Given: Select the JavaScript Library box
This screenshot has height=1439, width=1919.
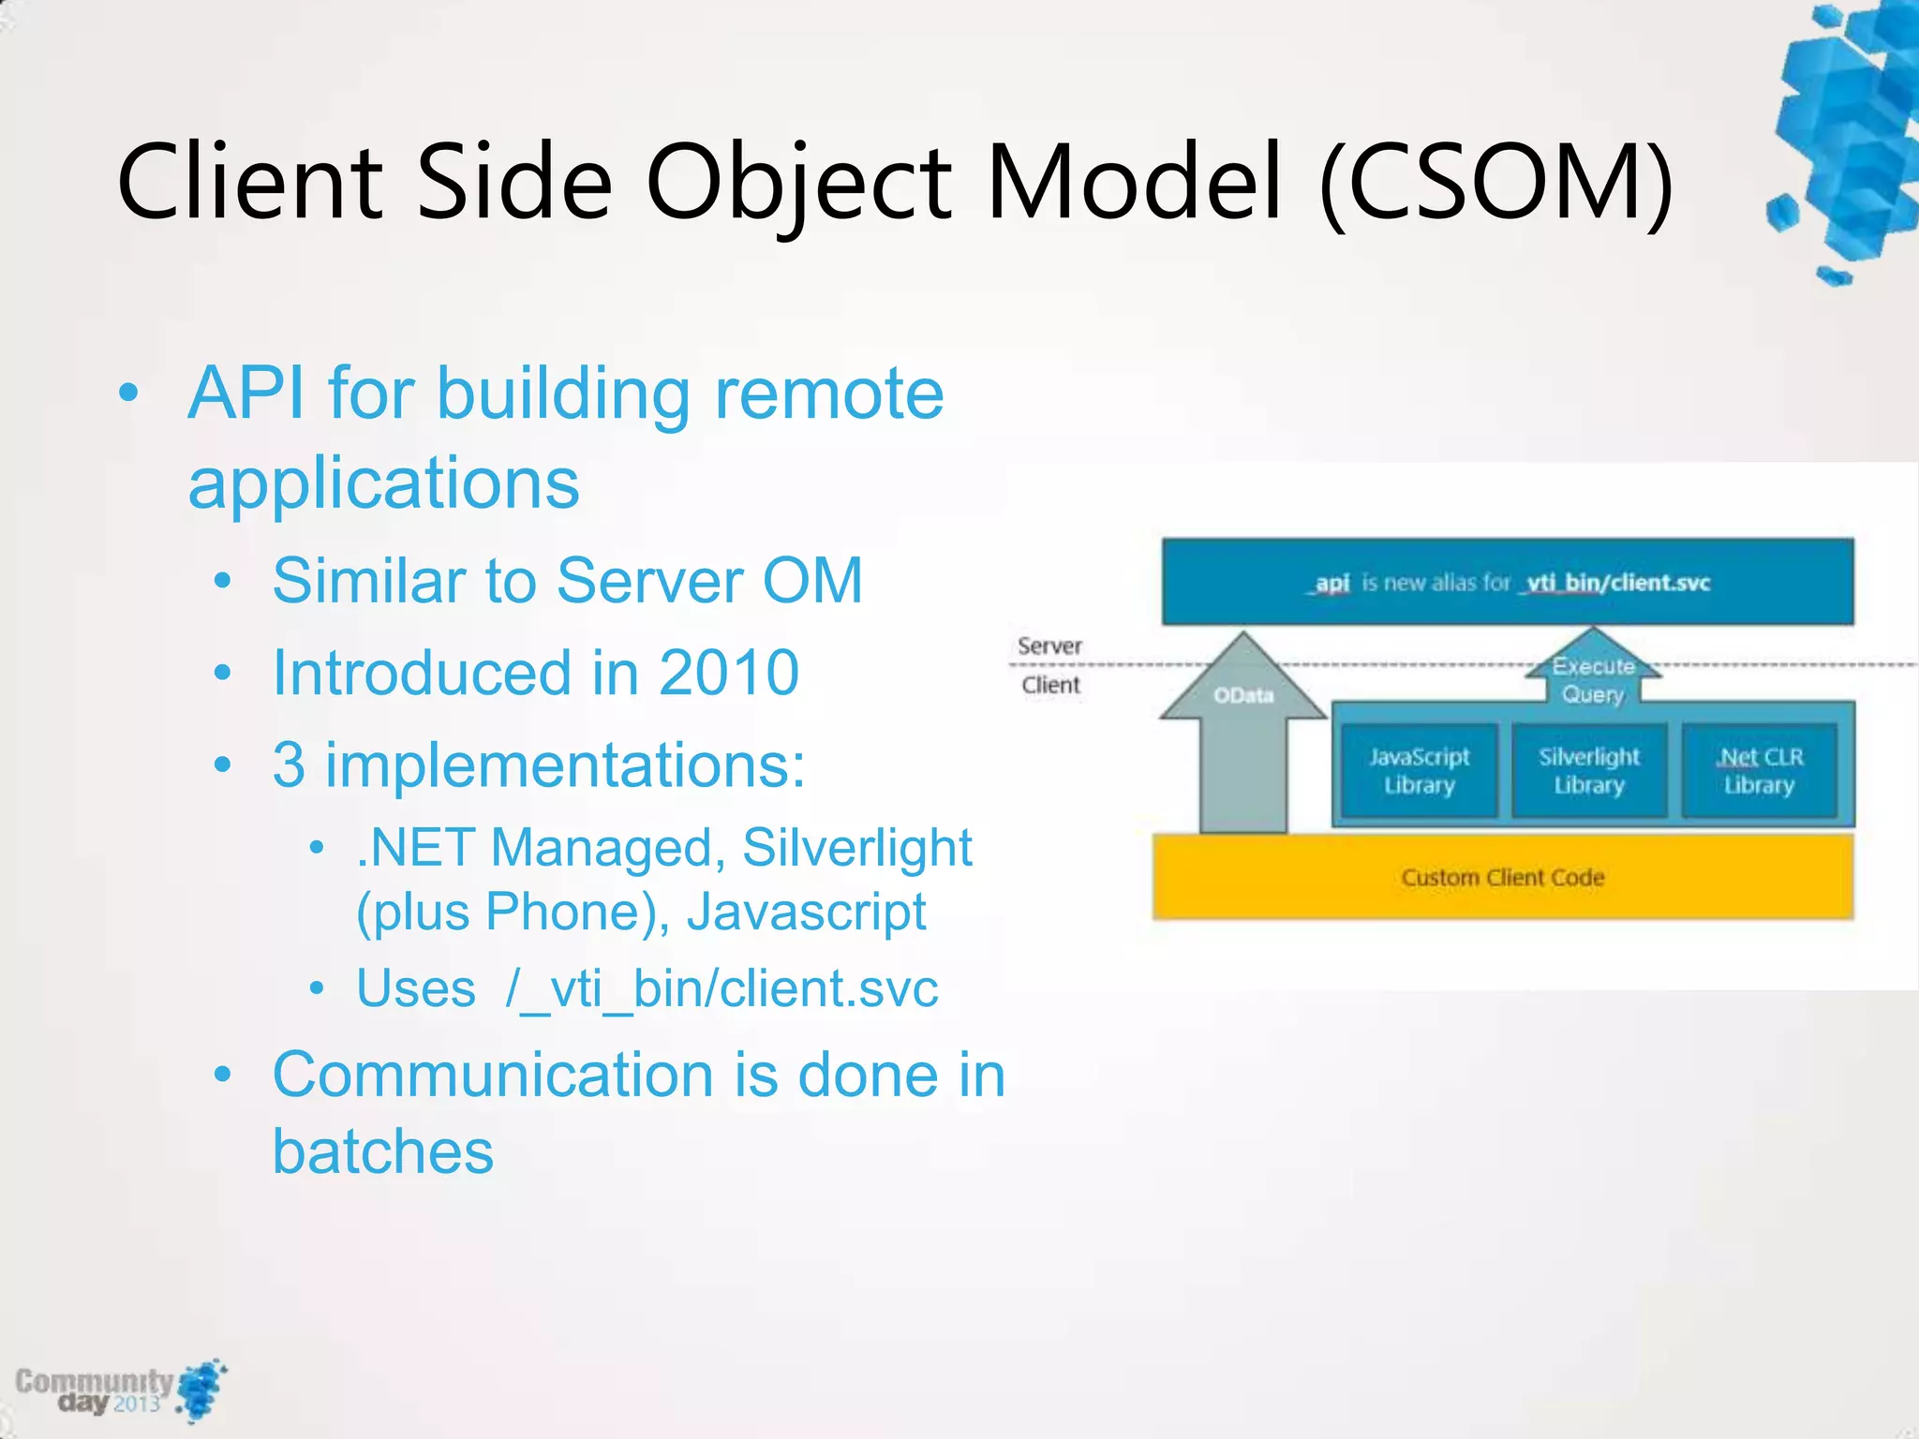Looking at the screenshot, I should [1419, 770].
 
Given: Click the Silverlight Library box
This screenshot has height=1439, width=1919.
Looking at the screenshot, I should [1588, 770].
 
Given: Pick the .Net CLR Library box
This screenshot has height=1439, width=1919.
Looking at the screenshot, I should [1759, 770].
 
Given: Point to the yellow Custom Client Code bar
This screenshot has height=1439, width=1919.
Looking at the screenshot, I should [1502, 877].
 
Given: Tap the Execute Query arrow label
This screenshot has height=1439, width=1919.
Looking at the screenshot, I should [1593, 680].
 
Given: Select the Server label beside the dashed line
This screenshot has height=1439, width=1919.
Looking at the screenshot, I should [1049, 645].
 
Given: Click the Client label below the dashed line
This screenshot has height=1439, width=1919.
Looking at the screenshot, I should [1050, 685].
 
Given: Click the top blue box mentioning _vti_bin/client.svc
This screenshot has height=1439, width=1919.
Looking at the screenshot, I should [1507, 582].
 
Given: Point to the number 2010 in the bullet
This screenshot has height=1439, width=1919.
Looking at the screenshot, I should [728, 673].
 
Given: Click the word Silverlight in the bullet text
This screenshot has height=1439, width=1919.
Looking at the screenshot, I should [856, 848].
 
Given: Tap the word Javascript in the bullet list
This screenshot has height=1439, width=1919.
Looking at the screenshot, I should [806, 912].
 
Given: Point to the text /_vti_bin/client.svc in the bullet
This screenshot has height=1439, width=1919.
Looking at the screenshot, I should [721, 988].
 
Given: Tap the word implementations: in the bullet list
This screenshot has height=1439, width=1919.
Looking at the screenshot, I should [565, 765].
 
